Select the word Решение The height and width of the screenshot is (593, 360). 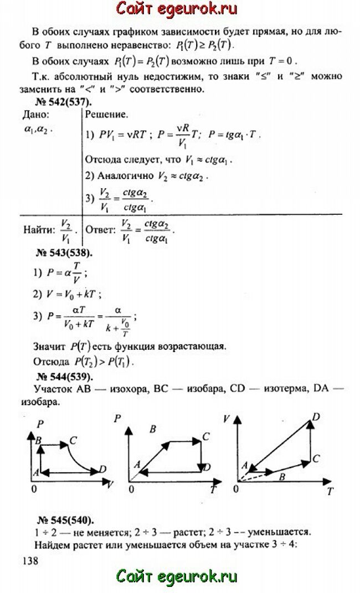tap(106, 115)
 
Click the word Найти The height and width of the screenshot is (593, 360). tap(39, 229)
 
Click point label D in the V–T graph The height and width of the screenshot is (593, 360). tap(316, 416)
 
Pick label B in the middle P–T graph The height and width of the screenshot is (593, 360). tap(153, 427)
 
